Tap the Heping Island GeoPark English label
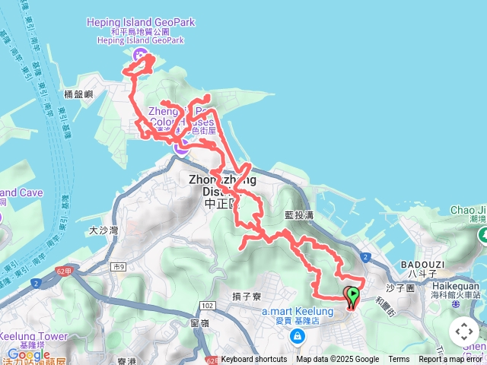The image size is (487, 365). [x=141, y=22]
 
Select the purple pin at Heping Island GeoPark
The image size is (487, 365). [x=141, y=55]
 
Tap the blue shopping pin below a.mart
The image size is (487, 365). [x=297, y=335]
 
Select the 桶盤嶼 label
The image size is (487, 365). [x=78, y=94]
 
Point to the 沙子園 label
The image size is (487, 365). [x=399, y=289]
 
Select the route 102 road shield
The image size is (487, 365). [x=208, y=304]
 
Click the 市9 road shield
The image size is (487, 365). [x=118, y=266]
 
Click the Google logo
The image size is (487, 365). [x=28, y=354]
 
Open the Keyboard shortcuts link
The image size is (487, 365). [x=254, y=360]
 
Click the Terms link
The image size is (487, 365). [x=399, y=360]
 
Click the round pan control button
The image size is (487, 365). [x=464, y=332]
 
